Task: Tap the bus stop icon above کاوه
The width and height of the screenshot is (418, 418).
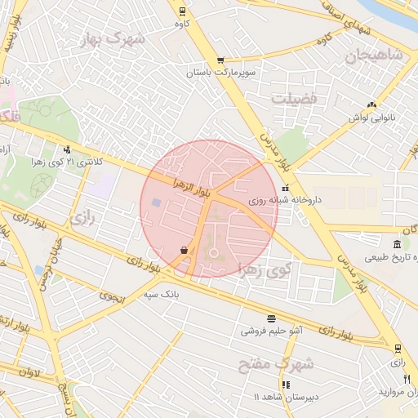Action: tap(181, 11)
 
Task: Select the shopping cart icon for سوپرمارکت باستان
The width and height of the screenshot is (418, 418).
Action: tap(220, 61)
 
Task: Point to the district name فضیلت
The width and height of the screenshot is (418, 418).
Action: tap(292, 97)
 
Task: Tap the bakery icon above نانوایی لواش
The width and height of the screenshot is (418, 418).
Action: tap(372, 104)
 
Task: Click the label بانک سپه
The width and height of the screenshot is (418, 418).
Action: tap(161, 292)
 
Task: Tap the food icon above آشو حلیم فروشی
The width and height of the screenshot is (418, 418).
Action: tap(271, 318)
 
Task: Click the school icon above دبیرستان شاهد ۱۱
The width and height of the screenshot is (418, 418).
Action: tap(285, 384)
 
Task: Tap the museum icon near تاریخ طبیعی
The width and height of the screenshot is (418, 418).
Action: tap(396, 245)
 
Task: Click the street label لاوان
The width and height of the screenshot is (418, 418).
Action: tap(24, 371)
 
